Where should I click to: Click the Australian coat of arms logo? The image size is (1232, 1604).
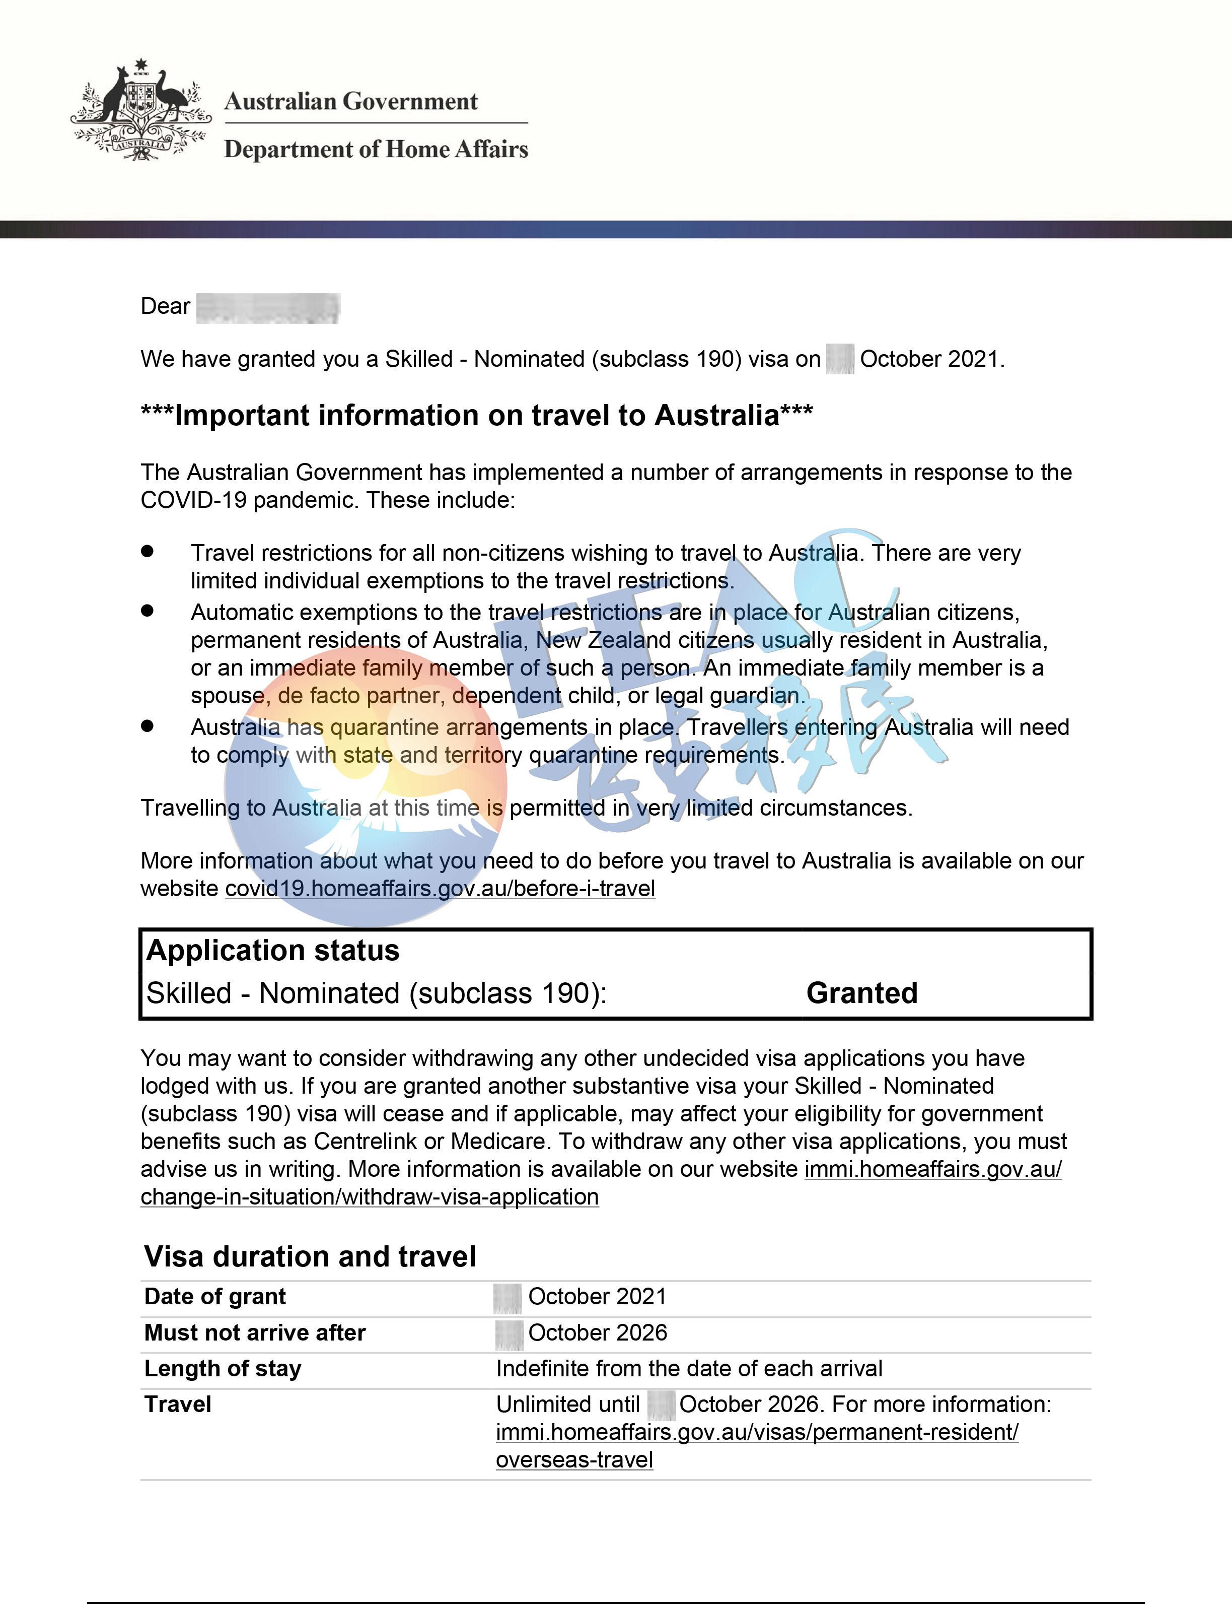[141, 110]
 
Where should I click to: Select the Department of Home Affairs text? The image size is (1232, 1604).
[376, 149]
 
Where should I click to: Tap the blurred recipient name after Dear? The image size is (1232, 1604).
[268, 307]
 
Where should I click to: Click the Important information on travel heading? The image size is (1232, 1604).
[477, 415]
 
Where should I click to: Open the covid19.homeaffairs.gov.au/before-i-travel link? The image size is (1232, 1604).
[440, 889]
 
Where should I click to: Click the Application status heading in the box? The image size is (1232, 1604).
[273, 950]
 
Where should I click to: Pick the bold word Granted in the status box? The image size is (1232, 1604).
[861, 993]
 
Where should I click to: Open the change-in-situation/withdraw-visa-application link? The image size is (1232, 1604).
[370, 1197]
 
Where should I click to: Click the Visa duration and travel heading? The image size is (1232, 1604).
[310, 1257]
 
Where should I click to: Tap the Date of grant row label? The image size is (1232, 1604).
[215, 1297]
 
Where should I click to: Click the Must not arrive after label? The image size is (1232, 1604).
[254, 1332]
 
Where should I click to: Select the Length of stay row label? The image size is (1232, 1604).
[223, 1368]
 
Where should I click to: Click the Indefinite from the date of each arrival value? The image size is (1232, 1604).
[689, 1368]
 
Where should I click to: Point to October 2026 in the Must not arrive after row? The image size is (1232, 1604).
[598, 1332]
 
